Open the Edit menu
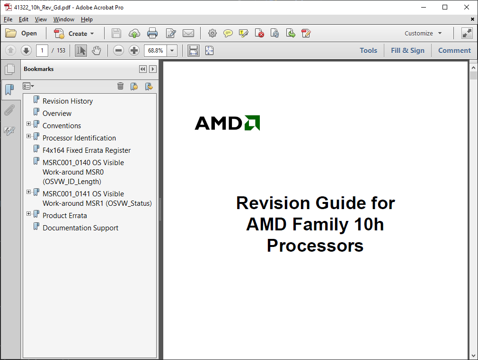(x=24, y=19)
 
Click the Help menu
(x=87, y=19)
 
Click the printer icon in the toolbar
(x=152, y=33)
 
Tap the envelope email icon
(x=188, y=33)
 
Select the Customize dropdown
(x=423, y=33)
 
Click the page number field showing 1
(x=42, y=50)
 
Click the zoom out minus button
(x=118, y=50)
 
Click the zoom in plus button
(x=134, y=50)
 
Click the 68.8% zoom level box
(x=156, y=50)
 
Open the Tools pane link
(x=368, y=50)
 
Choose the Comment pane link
(x=454, y=50)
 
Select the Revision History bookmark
(x=68, y=101)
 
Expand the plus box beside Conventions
(x=29, y=124)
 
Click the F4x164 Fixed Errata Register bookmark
(x=87, y=150)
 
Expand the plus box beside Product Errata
(x=29, y=214)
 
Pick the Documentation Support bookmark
(x=80, y=228)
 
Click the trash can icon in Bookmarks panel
(x=120, y=86)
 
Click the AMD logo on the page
(x=228, y=123)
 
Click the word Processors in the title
(x=315, y=246)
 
